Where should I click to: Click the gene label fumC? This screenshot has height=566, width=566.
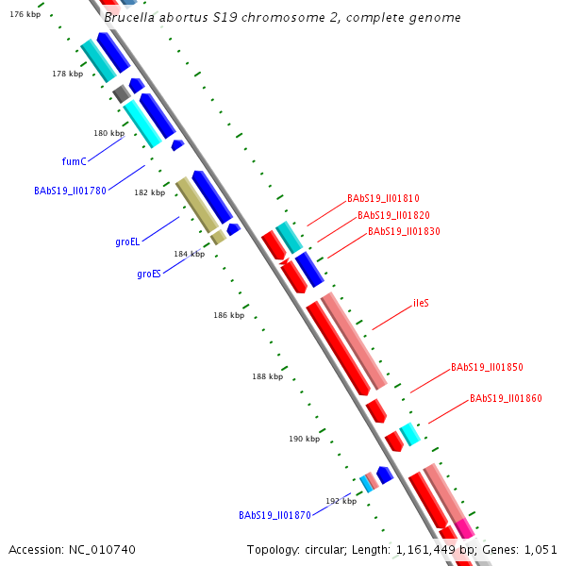click(x=74, y=161)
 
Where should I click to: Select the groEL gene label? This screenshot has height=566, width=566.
click(x=127, y=242)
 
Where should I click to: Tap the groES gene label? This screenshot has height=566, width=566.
click(x=148, y=275)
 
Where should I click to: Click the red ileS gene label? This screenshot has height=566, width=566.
click(x=421, y=304)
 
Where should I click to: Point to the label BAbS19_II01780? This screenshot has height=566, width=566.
click(x=70, y=191)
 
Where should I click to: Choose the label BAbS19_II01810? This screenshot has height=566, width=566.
click(x=383, y=199)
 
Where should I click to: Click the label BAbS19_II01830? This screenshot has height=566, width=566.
click(x=404, y=231)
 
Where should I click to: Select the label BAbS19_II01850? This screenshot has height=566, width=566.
click(x=487, y=367)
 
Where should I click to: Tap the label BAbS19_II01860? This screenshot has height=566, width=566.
click(x=506, y=399)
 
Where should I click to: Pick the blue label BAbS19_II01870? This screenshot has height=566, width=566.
click(x=275, y=516)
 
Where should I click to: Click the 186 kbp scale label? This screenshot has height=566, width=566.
click(x=228, y=315)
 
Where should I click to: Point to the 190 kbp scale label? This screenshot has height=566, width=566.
click(x=304, y=439)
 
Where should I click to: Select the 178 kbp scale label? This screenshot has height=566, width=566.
click(x=67, y=74)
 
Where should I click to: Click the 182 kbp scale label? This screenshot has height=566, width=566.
click(x=149, y=192)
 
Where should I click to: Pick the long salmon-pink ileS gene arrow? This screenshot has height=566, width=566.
click(x=354, y=341)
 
